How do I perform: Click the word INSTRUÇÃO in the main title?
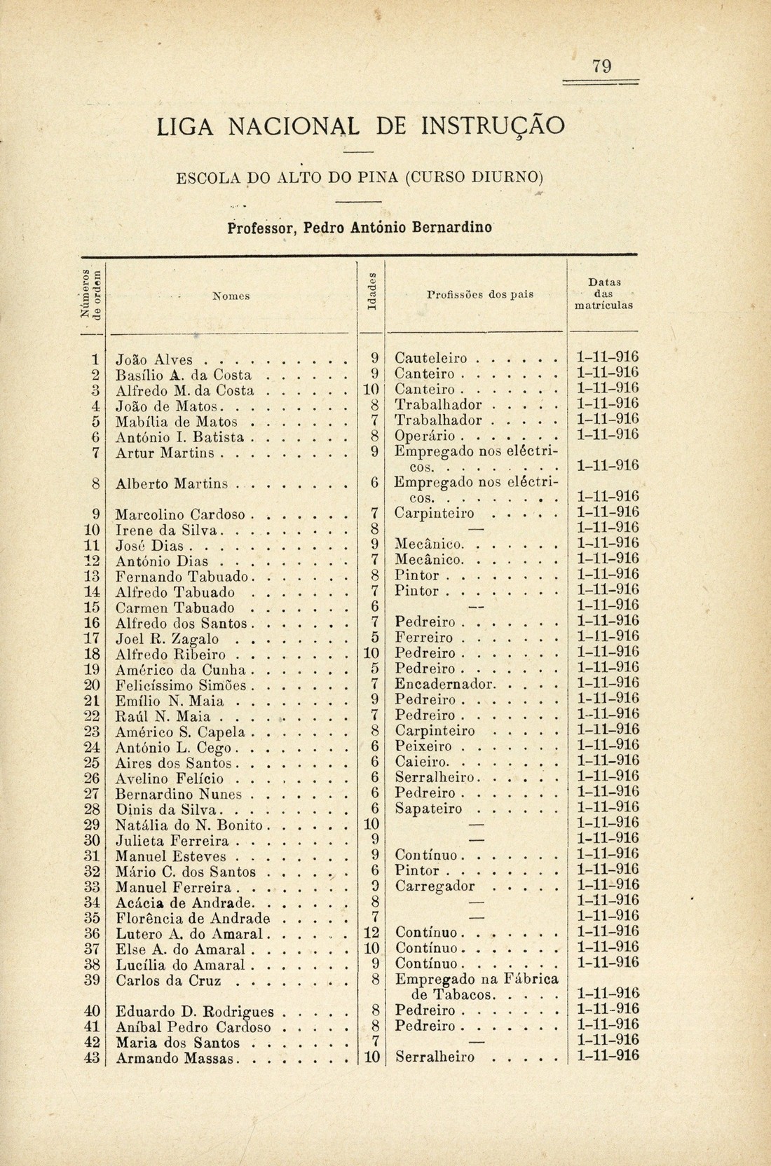(x=493, y=127)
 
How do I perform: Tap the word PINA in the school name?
(x=383, y=174)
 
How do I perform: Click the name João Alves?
(x=154, y=358)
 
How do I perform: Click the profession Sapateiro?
(x=429, y=808)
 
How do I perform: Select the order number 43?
(x=90, y=1057)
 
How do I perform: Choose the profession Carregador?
(x=435, y=886)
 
